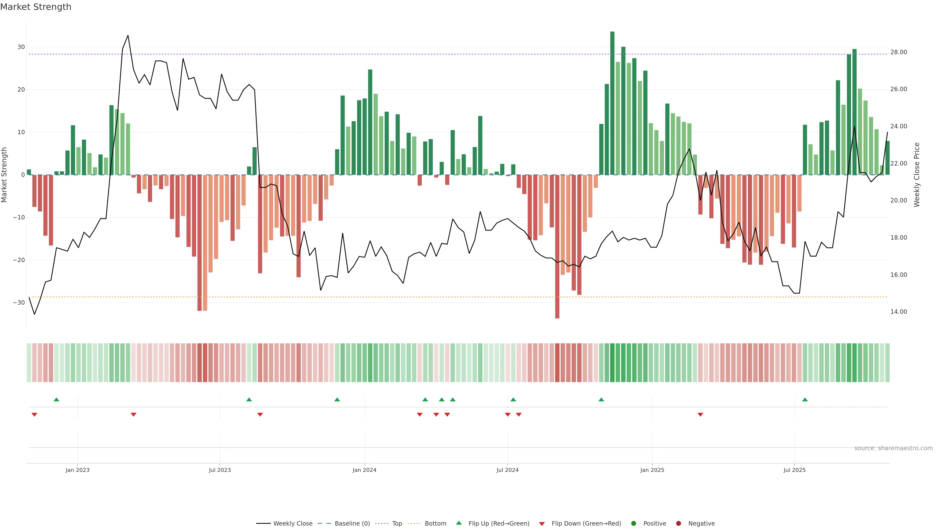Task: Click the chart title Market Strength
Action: click(36, 7)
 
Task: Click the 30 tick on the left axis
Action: click(21, 47)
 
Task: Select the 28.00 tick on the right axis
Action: click(898, 52)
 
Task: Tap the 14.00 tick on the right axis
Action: click(898, 312)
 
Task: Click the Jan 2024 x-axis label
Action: click(364, 470)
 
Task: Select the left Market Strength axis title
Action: click(4, 175)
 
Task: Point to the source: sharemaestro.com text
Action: click(893, 448)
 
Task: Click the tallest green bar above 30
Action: click(612, 103)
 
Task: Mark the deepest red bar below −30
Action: click(557, 246)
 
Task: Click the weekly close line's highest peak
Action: click(128, 36)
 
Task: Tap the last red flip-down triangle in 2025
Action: click(700, 415)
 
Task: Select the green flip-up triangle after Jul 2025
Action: click(805, 399)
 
